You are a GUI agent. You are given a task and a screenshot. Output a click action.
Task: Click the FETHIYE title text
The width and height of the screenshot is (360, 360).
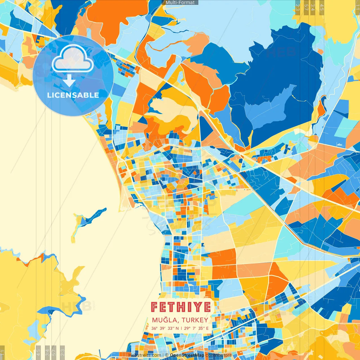pos(181,307)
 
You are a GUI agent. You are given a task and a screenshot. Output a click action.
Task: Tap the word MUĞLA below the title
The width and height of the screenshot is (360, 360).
pos(165,320)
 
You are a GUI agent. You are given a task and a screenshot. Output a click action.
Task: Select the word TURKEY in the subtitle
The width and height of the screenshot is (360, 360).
pos(195,320)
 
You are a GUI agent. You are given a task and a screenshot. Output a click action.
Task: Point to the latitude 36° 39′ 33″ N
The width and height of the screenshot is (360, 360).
pos(165,328)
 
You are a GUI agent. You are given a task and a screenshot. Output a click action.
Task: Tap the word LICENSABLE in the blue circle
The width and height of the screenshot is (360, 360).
pos(73,95)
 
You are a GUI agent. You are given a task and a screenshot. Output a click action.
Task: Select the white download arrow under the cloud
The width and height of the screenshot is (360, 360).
pos(69,81)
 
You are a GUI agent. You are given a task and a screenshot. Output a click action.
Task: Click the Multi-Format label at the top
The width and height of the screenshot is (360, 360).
pos(180,3)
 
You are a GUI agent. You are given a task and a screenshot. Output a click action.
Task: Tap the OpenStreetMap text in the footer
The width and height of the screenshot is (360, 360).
pos(187,355)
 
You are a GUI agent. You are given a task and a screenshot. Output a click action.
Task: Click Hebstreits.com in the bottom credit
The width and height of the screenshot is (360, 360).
pos(145,355)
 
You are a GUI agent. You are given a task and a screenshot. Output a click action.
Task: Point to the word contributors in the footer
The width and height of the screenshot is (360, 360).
pos(219,355)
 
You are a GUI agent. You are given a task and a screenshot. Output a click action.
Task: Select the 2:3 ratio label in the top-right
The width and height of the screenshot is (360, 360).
pos(297,7)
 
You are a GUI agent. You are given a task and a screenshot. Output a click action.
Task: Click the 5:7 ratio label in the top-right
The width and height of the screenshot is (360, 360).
pos(306,7)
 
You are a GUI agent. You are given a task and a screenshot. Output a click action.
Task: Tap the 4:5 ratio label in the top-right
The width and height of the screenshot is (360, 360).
pos(321,7)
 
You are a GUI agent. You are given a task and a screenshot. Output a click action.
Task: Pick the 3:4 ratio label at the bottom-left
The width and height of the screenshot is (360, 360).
pos(47,352)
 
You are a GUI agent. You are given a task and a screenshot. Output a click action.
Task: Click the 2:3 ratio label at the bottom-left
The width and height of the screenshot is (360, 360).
pos(62,352)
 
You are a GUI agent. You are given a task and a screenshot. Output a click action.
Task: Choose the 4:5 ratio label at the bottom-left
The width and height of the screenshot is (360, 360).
pos(38,352)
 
